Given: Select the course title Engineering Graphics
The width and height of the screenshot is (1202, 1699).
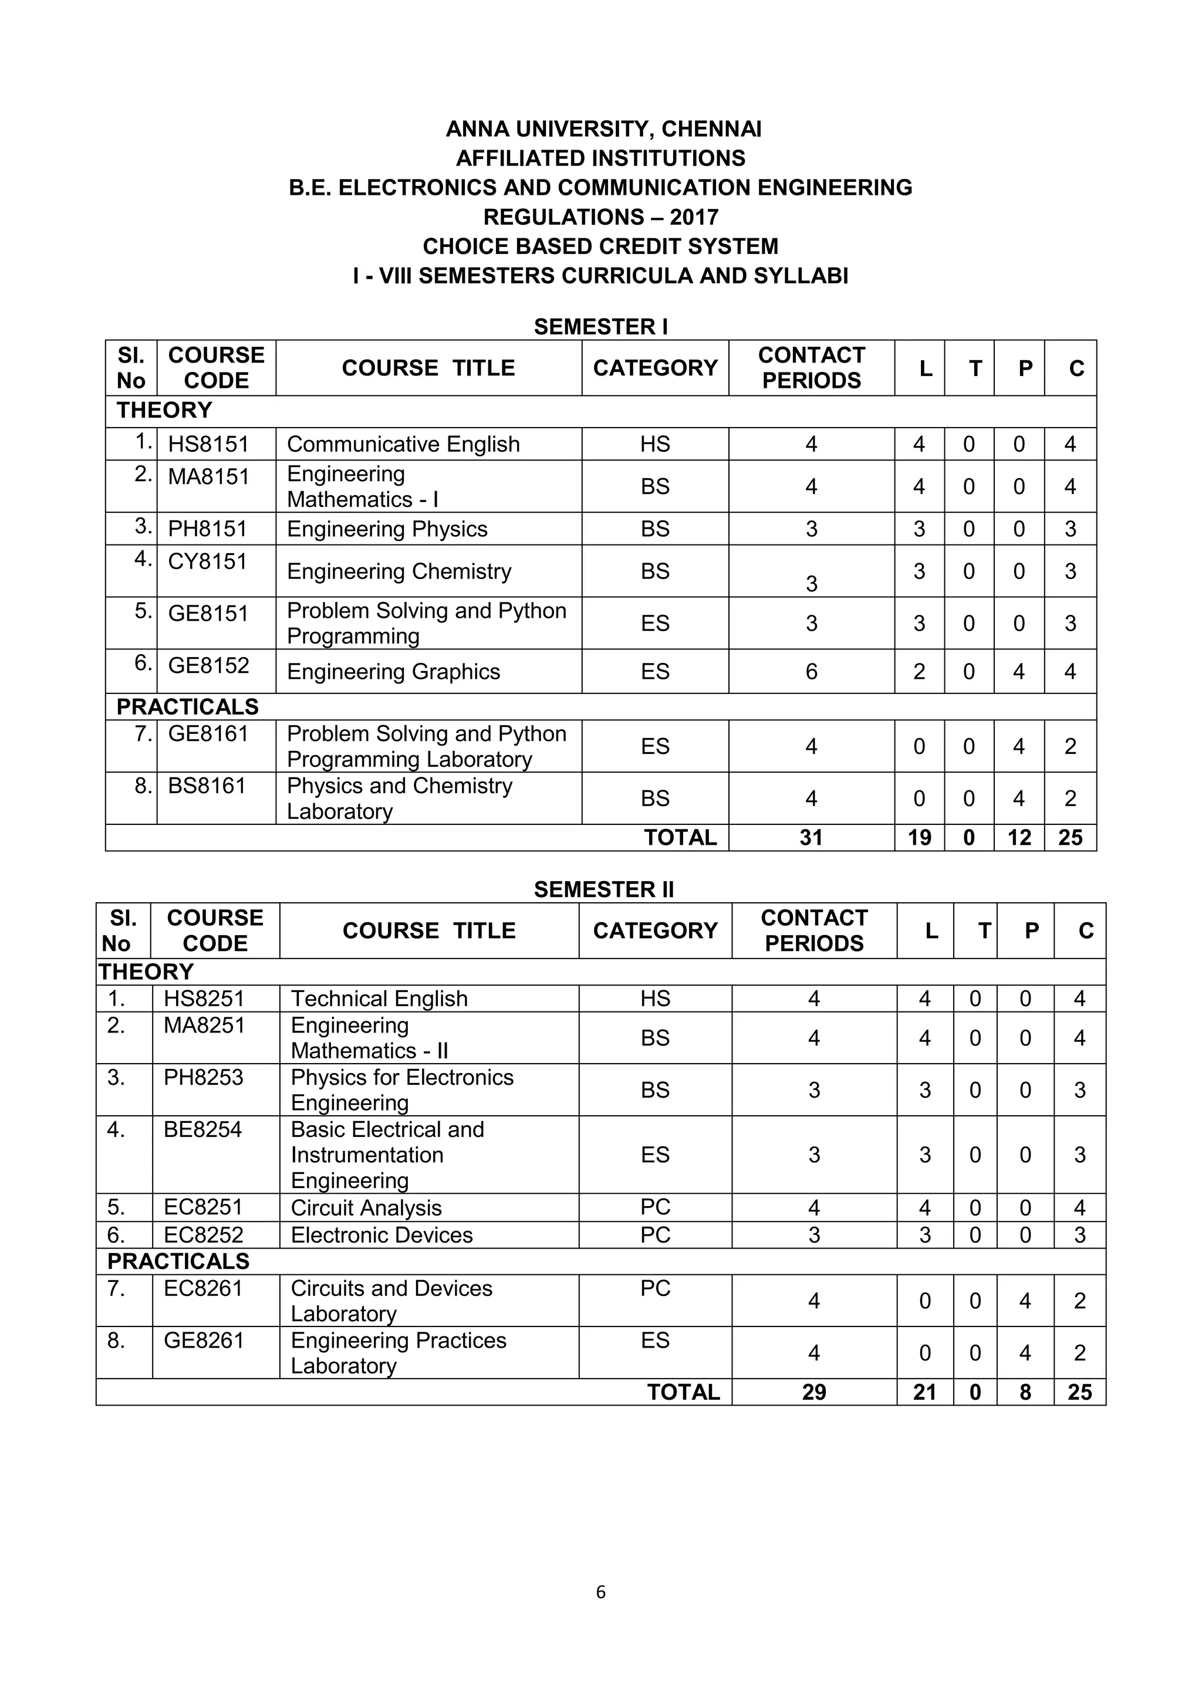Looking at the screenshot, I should [x=393, y=672].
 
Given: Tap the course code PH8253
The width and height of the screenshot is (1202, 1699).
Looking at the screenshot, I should [x=203, y=1077].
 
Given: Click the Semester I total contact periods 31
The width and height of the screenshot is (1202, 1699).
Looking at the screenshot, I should [x=811, y=838].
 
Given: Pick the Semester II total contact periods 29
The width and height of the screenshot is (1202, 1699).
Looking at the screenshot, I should [x=813, y=1392].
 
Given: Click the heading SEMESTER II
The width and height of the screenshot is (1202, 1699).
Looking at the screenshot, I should [x=604, y=889].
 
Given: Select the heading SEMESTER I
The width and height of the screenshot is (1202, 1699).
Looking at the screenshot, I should [x=600, y=327].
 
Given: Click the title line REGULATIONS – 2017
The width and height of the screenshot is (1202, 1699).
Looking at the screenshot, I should [x=600, y=217].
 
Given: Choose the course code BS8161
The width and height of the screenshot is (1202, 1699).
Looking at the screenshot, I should [x=207, y=786].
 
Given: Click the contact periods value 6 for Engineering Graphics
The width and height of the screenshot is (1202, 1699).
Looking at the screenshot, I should [x=811, y=672].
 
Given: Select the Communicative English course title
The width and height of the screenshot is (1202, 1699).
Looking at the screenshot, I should [x=403, y=444].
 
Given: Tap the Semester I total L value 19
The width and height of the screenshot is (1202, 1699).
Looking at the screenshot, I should [x=919, y=838].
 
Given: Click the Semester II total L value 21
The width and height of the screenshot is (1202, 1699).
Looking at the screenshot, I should [x=924, y=1392].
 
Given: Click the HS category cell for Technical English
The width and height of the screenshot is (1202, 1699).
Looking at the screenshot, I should [x=655, y=999].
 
